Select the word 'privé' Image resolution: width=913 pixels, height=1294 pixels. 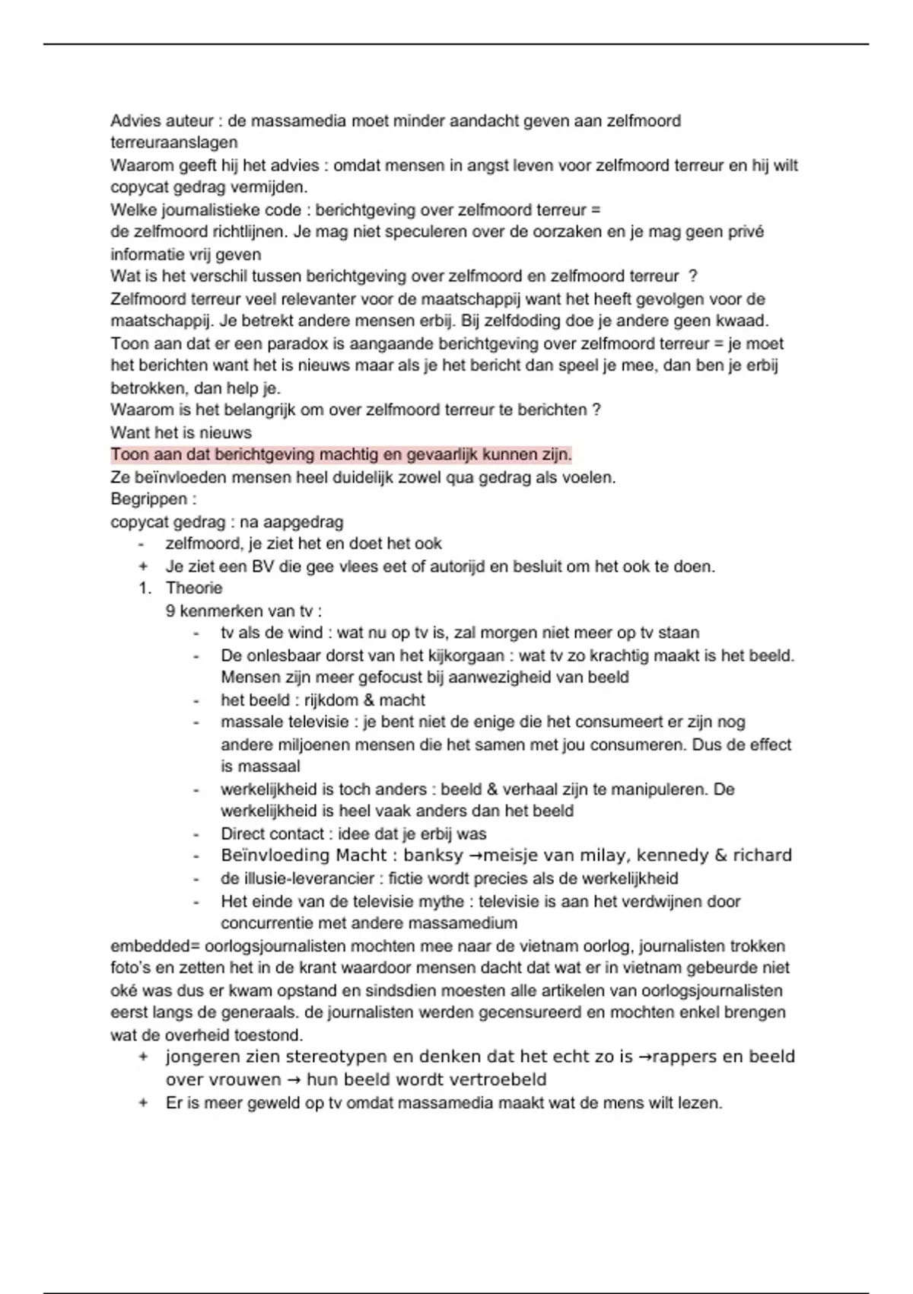[x=745, y=231]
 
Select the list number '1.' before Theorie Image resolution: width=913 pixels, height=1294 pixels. [x=145, y=588]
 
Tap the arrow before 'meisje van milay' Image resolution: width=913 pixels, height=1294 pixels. [x=476, y=856]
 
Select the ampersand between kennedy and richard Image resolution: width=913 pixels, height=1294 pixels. [x=721, y=856]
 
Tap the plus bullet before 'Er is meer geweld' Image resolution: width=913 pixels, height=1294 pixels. [x=143, y=1103]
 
